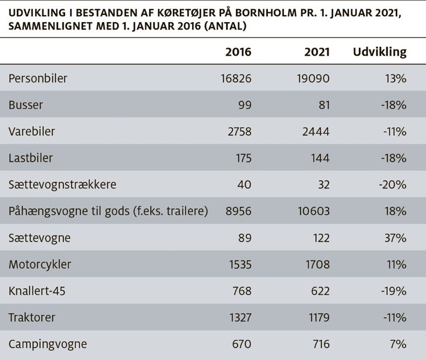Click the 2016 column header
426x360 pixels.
pyautogui.click(x=238, y=51)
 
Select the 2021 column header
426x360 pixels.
pyautogui.click(x=317, y=51)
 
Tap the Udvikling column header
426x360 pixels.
pyautogui.click(x=379, y=52)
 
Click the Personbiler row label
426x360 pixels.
pyautogui.click(x=38, y=78)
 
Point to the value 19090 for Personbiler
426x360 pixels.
pyautogui.click(x=313, y=78)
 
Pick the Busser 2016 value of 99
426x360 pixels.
pyautogui.click(x=245, y=105)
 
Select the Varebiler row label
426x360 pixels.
pyautogui.click(x=32, y=131)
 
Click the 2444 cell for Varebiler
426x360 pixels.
pyautogui.click(x=316, y=131)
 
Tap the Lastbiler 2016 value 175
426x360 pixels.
pyautogui.click(x=244, y=158)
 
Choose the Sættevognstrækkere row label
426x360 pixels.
pyautogui.click(x=62, y=184)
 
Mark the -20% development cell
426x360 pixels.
pyautogui.click(x=393, y=185)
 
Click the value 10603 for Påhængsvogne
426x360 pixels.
pyautogui.click(x=313, y=211)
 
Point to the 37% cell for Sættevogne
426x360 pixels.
pyautogui.click(x=395, y=238)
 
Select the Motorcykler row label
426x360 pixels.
pyautogui.click(x=40, y=264)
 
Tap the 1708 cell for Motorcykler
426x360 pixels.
pyautogui.click(x=317, y=264)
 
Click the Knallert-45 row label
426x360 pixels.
pyautogui.click(x=37, y=291)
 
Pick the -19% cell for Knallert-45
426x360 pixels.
pyautogui.click(x=394, y=291)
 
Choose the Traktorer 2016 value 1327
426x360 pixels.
pyautogui.click(x=240, y=317)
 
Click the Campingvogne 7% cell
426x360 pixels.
pyautogui.click(x=398, y=344)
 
